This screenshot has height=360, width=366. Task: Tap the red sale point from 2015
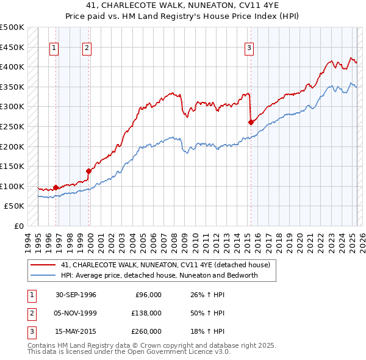point(251,122)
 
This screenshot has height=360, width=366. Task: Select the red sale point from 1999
point(88,171)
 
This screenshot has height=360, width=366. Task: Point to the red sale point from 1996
point(56,187)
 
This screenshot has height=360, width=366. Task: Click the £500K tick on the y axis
point(12,27)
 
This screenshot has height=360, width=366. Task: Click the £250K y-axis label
point(12,126)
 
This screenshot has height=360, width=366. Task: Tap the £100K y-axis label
point(12,186)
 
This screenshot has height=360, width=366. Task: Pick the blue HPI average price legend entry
point(159,275)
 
